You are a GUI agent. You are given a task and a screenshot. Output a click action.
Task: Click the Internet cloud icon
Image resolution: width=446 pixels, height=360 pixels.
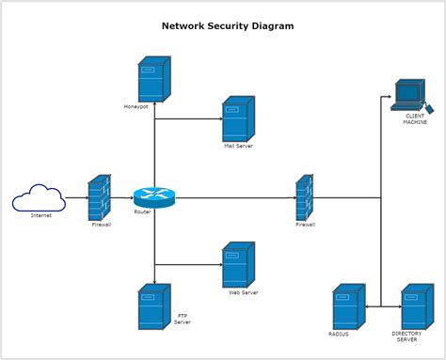[x=39, y=197]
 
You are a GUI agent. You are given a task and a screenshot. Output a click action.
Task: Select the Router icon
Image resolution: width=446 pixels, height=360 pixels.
[x=154, y=197]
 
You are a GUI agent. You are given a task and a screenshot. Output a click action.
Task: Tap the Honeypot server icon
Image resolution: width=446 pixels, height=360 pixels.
[x=154, y=79]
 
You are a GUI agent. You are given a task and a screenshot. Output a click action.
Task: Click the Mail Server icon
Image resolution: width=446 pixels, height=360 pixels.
[x=238, y=119]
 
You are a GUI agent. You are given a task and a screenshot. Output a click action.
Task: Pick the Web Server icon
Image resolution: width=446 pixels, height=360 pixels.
[x=238, y=265]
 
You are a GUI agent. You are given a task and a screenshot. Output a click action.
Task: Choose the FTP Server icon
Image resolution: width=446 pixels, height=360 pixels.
[x=154, y=306]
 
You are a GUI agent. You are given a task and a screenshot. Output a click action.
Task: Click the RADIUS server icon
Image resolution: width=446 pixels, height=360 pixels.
[x=349, y=306]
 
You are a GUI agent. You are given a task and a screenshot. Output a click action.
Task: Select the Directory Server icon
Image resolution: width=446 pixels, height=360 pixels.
[x=418, y=306]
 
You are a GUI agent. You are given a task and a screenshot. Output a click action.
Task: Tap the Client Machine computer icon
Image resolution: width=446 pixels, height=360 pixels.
[x=412, y=96]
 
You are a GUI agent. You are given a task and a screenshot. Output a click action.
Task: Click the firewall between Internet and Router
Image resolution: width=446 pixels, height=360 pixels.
[x=100, y=197]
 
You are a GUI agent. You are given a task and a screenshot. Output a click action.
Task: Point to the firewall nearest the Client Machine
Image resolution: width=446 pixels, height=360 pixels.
[x=305, y=197]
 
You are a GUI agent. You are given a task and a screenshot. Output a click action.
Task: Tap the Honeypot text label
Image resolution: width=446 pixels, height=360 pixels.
[x=135, y=107]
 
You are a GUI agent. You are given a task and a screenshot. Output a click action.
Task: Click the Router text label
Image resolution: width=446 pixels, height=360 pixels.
[x=142, y=211]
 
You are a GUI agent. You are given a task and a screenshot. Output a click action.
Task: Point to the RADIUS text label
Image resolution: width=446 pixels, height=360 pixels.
[x=339, y=334]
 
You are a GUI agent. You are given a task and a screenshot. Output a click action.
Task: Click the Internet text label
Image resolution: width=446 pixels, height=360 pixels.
[x=41, y=215]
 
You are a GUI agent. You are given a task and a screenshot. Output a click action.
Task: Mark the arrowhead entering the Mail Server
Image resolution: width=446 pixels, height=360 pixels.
[x=221, y=118]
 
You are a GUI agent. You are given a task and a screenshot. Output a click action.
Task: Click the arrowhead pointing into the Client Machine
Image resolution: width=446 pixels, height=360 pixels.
[x=390, y=97]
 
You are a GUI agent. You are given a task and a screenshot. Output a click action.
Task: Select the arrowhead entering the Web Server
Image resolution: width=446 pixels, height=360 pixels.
[x=221, y=265]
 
